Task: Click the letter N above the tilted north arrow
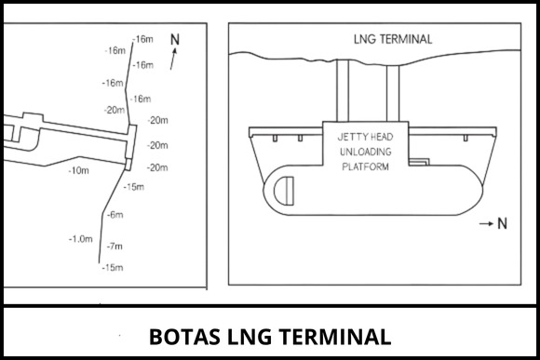click(174, 40)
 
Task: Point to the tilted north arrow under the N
click(173, 61)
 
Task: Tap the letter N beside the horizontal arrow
click(503, 224)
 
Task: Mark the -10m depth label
click(78, 170)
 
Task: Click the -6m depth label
click(115, 215)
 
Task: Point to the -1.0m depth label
click(82, 238)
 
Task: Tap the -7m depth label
click(115, 247)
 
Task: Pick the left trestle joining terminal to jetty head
click(341, 90)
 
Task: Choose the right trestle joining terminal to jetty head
click(392, 90)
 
